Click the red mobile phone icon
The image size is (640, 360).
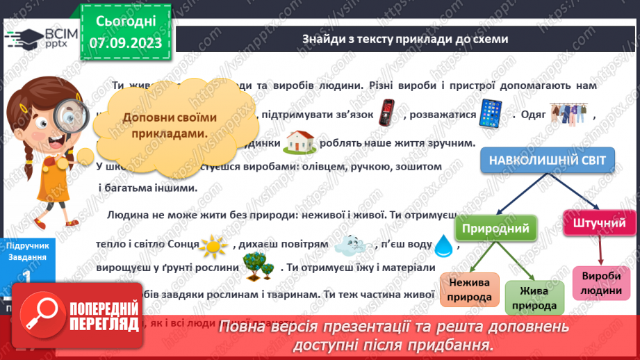click(386, 113)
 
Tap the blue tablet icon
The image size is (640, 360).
click(491, 113)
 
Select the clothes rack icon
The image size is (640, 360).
click(568, 114)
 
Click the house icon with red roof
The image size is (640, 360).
click(300, 142)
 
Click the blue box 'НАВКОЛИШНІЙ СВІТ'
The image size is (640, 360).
click(547, 161)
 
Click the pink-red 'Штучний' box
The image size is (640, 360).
click(600, 223)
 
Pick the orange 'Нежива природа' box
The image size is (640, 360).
click(469, 290)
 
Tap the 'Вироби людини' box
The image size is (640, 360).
click(602, 283)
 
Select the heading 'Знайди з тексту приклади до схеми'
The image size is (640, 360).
click(405, 39)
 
